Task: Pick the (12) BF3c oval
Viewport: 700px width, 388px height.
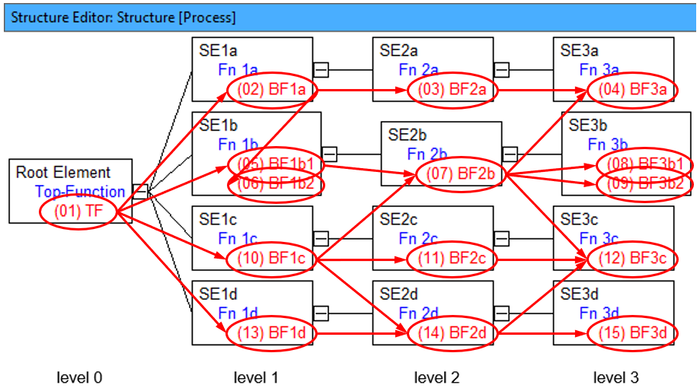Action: pos(632,259)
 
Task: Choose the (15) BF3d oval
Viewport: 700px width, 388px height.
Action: pos(632,332)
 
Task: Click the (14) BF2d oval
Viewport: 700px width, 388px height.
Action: pos(452,332)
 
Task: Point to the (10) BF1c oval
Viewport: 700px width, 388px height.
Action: pos(271,259)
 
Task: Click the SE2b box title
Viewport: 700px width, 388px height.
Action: pos(408,135)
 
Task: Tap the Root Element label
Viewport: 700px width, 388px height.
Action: pos(63,173)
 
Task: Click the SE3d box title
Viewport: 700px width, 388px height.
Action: pos(580,294)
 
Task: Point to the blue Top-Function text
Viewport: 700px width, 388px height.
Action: pos(80,192)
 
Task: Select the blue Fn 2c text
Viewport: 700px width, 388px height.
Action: pos(418,239)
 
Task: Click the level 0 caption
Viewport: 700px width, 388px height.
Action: pos(79,377)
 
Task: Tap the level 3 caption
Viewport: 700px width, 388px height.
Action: pos(617,377)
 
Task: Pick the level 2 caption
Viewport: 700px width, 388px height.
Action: pos(437,377)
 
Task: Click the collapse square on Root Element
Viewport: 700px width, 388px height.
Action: pos(140,190)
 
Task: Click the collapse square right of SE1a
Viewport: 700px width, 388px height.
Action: pos(321,70)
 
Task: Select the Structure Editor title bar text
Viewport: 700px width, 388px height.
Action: pos(123,17)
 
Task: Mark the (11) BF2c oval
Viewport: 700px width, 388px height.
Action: pos(452,259)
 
